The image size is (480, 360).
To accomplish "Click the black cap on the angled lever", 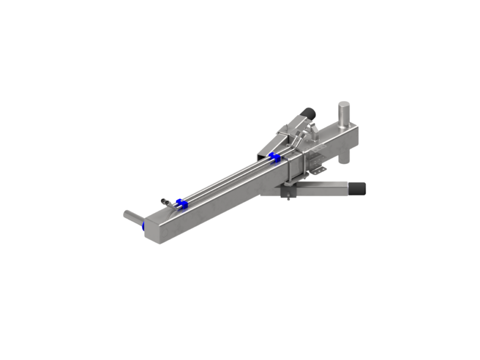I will click(309, 112).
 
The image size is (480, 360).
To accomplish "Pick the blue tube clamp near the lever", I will click(273, 156).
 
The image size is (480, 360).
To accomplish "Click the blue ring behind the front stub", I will click(142, 227).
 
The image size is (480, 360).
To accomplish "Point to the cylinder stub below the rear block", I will click(344, 159).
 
